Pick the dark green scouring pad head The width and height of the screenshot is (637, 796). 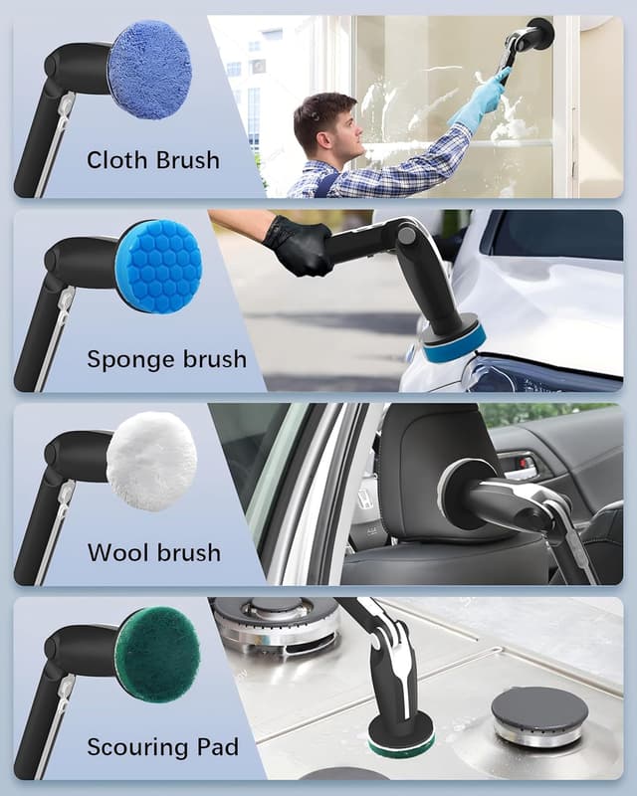click(156, 655)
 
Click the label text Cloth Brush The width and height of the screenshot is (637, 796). click(152, 159)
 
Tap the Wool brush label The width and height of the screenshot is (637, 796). click(154, 552)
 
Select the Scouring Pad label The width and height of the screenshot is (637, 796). click(162, 746)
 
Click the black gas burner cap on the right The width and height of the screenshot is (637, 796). click(538, 711)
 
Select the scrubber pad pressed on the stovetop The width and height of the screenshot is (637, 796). click(400, 737)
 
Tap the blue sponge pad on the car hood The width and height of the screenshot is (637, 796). click(453, 343)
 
